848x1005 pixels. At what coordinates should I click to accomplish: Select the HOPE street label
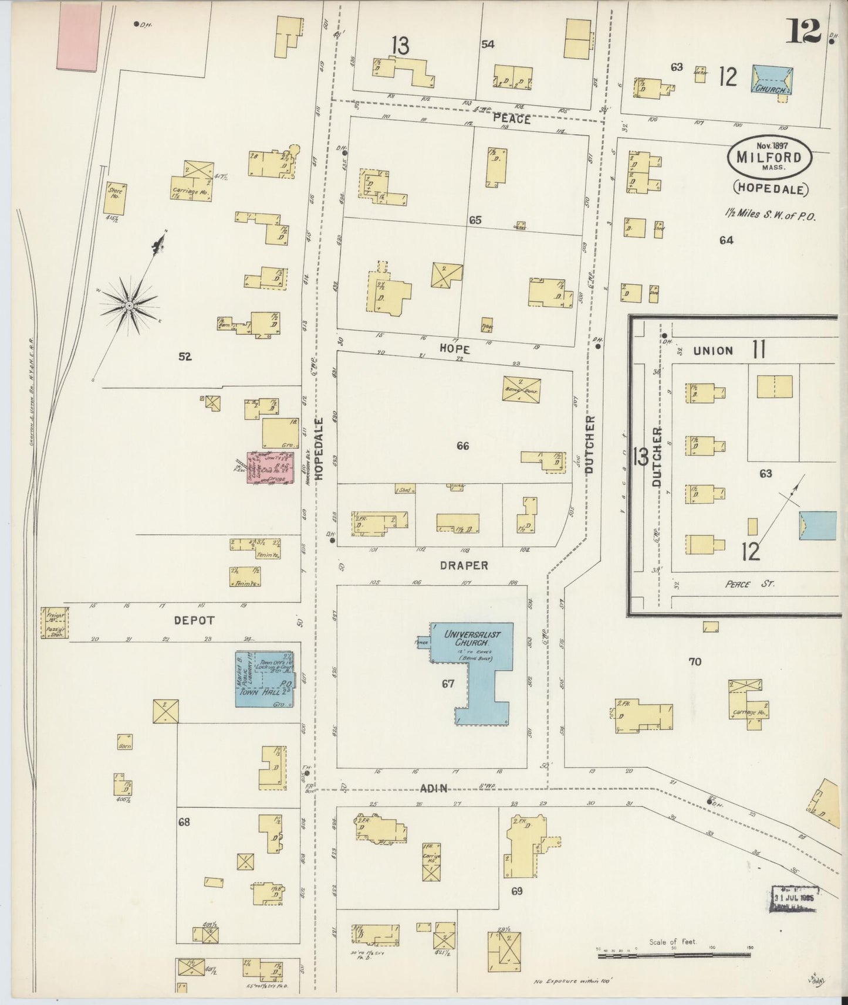click(x=455, y=347)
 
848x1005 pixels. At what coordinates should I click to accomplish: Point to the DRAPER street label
click(x=464, y=565)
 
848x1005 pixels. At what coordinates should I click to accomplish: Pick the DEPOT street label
click(x=194, y=620)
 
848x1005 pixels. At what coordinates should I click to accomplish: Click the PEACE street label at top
click(x=511, y=119)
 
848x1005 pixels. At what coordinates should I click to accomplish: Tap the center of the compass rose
click(x=129, y=305)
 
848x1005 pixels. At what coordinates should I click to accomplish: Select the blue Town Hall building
click(x=264, y=678)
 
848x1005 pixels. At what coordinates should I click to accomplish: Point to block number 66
click(x=462, y=446)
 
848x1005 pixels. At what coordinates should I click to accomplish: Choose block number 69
click(x=516, y=891)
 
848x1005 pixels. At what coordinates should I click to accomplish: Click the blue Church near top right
click(x=773, y=79)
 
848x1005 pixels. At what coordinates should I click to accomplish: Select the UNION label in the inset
click(x=712, y=351)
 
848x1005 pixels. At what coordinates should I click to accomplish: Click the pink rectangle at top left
click(x=78, y=34)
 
